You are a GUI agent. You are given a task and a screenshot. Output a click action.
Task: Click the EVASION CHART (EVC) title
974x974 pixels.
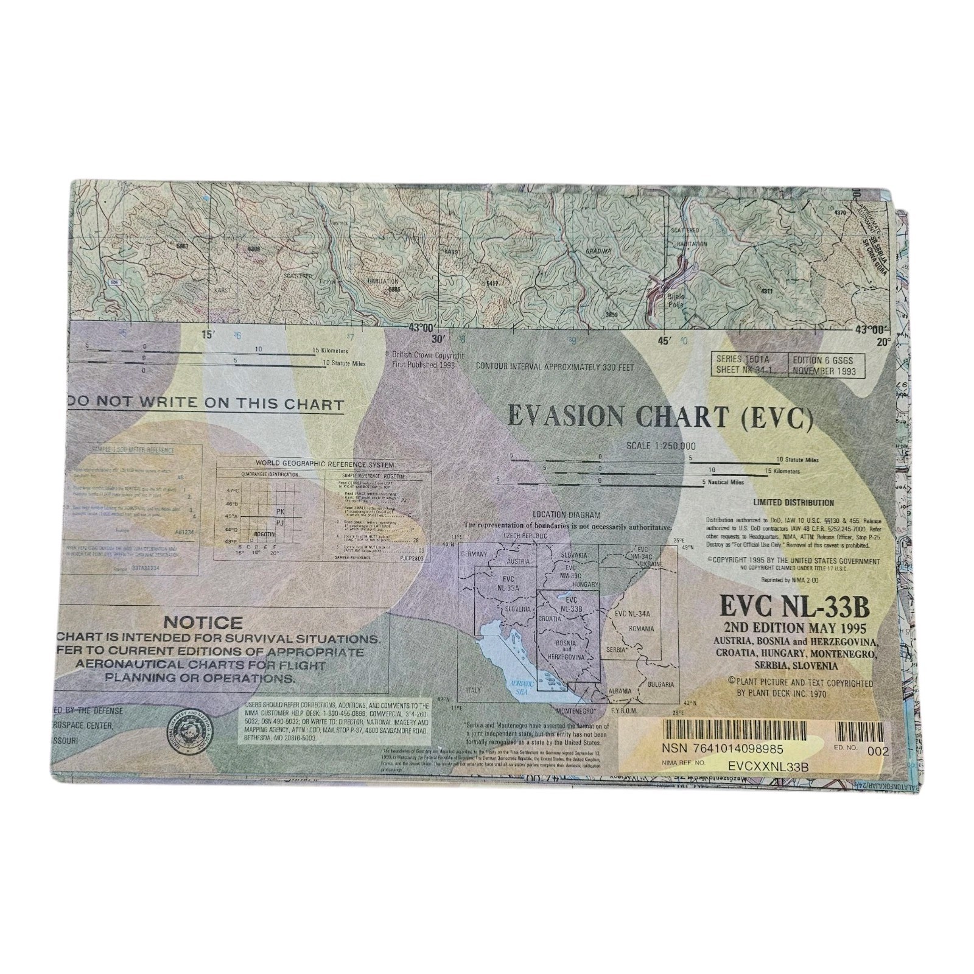(660, 417)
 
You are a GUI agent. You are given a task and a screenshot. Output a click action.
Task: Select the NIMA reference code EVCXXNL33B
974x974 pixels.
(768, 766)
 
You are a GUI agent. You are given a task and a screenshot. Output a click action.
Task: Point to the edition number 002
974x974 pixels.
(878, 751)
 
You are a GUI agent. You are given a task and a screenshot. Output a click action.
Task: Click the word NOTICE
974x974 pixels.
(203, 623)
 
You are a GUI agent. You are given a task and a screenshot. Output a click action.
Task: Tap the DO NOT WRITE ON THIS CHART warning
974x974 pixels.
(207, 404)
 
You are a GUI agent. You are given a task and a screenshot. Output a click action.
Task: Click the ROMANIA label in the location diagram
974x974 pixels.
(641, 628)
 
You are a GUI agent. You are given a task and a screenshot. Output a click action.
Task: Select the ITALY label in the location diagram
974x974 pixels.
(473, 690)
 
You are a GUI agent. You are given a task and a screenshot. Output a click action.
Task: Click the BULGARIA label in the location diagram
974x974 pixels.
(660, 684)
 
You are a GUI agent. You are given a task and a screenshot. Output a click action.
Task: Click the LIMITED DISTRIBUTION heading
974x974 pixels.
(793, 503)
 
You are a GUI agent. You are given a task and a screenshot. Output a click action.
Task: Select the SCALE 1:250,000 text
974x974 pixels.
(660, 446)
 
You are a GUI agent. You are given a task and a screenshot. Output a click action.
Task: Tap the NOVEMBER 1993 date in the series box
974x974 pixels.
(824, 371)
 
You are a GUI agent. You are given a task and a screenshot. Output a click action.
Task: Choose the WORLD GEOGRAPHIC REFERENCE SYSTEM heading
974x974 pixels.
(324, 464)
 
